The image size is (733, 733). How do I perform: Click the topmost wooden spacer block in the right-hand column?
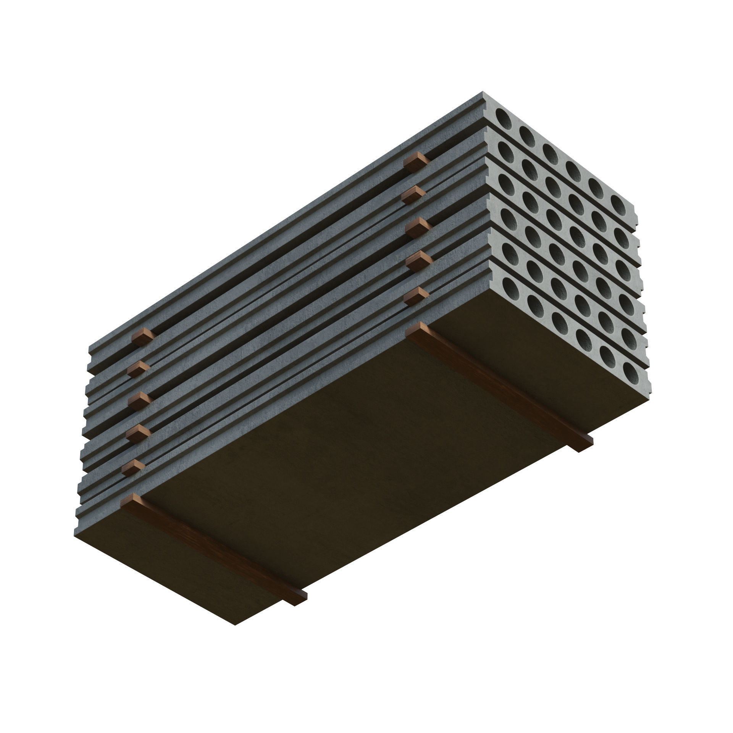415,162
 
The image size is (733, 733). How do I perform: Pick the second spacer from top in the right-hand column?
413,195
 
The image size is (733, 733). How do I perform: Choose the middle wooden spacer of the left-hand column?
140,400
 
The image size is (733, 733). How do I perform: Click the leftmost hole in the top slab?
504,119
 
